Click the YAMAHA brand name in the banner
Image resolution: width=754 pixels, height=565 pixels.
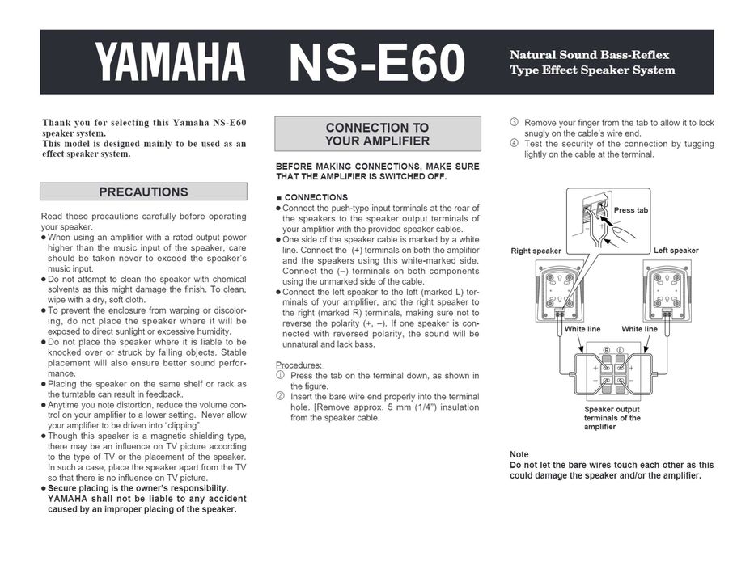pyautogui.click(x=170, y=63)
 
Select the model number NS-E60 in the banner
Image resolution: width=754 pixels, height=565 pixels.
pyautogui.click(x=377, y=63)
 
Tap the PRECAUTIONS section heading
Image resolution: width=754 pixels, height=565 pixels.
pyautogui.click(x=143, y=192)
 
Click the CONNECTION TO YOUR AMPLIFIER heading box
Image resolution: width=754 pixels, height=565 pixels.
pyautogui.click(x=377, y=134)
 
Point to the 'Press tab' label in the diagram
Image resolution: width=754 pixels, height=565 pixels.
pyautogui.click(x=631, y=210)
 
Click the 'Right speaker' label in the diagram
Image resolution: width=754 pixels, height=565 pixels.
pyautogui.click(x=536, y=251)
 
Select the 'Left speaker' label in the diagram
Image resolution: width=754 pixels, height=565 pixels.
pyautogui.click(x=676, y=251)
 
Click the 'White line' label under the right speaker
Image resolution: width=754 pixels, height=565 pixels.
pyautogui.click(x=582, y=329)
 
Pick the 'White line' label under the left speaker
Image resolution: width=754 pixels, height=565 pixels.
pyautogui.click(x=639, y=329)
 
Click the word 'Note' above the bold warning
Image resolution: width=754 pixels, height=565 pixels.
pyautogui.click(x=519, y=454)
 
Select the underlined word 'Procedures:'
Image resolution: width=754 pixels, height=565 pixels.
pyautogui.click(x=299, y=365)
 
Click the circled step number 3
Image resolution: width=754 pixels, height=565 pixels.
pyautogui.click(x=514, y=123)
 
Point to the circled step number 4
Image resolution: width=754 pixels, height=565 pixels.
pyautogui.click(x=514, y=144)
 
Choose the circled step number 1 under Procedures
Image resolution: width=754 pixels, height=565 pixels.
pyautogui.click(x=280, y=376)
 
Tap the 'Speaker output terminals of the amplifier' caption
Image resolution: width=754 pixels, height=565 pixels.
pyautogui.click(x=612, y=418)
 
